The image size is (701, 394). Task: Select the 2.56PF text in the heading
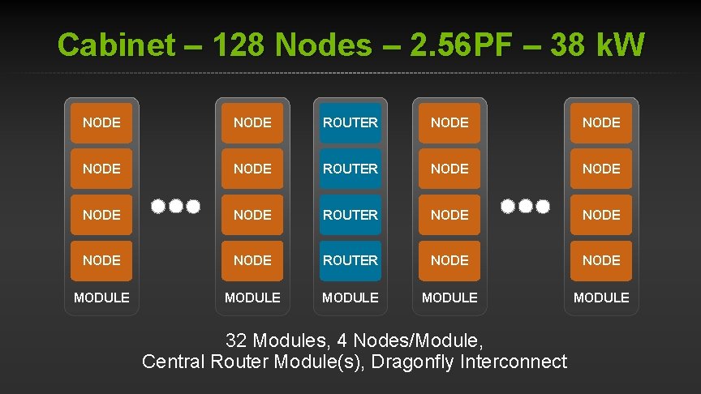(458, 46)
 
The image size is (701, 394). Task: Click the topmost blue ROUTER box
(350, 123)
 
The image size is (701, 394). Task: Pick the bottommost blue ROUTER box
(350, 260)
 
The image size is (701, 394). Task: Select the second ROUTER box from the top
(350, 169)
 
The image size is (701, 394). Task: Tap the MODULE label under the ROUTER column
(350, 298)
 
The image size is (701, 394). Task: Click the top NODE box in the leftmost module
(101, 123)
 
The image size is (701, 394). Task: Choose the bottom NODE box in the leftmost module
(101, 260)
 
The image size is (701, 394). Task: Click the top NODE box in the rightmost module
(601, 123)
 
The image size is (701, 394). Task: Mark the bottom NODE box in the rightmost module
(601, 260)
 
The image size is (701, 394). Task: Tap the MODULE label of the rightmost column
(601, 298)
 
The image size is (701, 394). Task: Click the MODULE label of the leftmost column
(101, 298)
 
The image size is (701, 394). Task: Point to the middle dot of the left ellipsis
(176, 206)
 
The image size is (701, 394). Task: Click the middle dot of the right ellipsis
(525, 206)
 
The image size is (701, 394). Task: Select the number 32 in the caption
(237, 340)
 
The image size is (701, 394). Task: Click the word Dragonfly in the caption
(412, 362)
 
